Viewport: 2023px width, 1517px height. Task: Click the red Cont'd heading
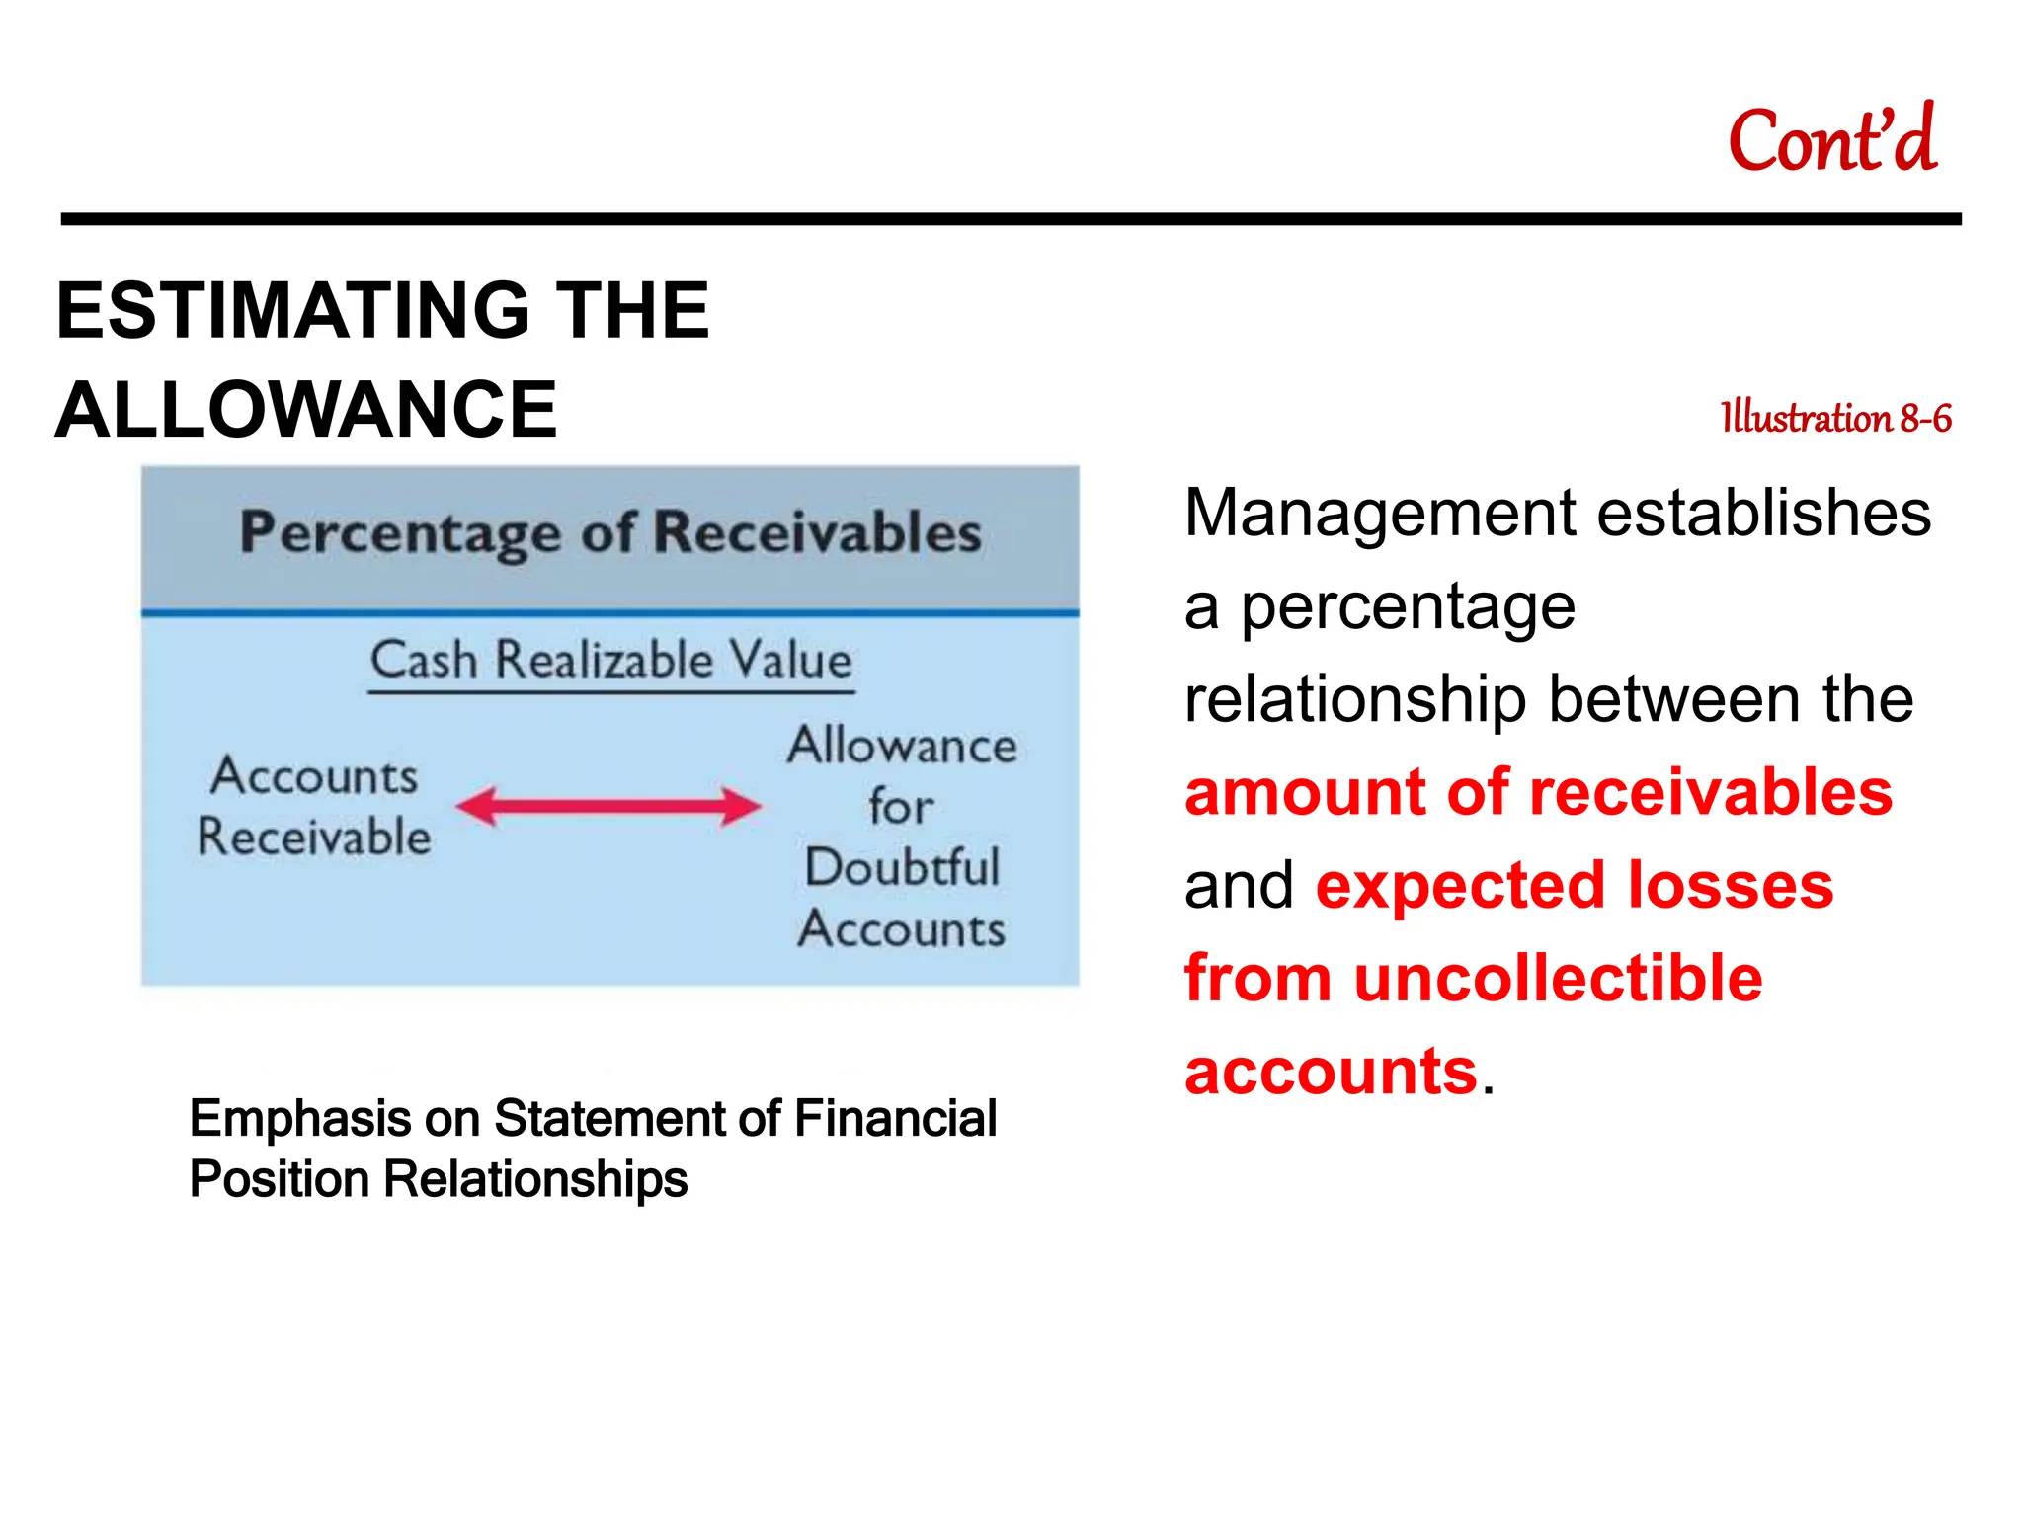pos(1831,141)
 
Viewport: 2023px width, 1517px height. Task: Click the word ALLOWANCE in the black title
pos(306,410)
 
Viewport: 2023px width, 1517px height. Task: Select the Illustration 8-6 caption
pos(1835,418)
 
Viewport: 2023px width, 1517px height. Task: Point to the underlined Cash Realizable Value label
pos(610,660)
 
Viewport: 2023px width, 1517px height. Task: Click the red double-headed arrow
pos(608,806)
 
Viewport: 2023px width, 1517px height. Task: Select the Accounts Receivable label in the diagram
pos(314,806)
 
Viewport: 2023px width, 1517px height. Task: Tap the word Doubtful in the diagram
pos(902,867)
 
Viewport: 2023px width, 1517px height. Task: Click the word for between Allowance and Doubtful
pos(900,807)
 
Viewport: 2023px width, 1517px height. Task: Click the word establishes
pos(1763,514)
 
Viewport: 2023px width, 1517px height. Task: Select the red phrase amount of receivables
pos(1537,793)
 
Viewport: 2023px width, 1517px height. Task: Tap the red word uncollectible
pos(1558,979)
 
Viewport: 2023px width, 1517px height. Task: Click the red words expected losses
pos(1574,886)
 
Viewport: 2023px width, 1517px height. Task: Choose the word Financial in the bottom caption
pos(895,1119)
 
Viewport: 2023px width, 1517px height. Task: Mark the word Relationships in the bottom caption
pos(534,1179)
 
